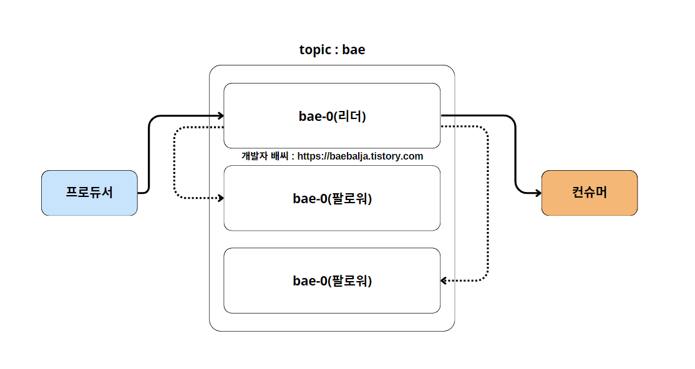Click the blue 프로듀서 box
click(89, 193)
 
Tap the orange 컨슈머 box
click(590, 193)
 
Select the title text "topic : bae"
click(332, 50)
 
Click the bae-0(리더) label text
click(332, 116)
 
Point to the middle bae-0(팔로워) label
click(332, 198)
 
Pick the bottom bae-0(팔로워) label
click(332, 280)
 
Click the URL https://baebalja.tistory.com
click(360, 156)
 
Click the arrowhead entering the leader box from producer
click(220, 115)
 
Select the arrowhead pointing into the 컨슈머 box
click(538, 193)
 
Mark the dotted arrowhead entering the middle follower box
click(220, 198)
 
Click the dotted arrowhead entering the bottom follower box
click(444, 280)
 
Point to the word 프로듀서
click(89, 193)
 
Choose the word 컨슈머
click(590, 193)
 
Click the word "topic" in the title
click(315, 50)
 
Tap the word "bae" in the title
click(353, 50)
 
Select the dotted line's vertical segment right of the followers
click(488, 206)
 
